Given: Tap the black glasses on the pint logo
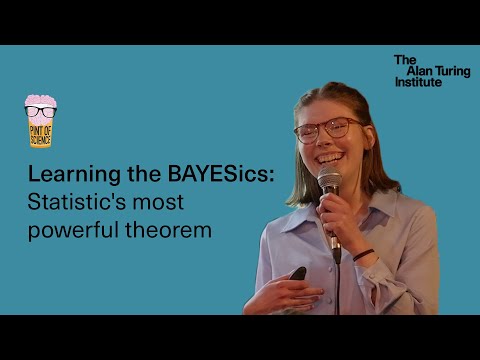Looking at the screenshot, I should click(40, 112).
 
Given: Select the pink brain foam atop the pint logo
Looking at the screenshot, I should click(40, 100).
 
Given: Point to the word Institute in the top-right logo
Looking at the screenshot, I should click(417, 82).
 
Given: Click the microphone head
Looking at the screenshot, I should click(329, 180).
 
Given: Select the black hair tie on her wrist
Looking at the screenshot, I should click(363, 254).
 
